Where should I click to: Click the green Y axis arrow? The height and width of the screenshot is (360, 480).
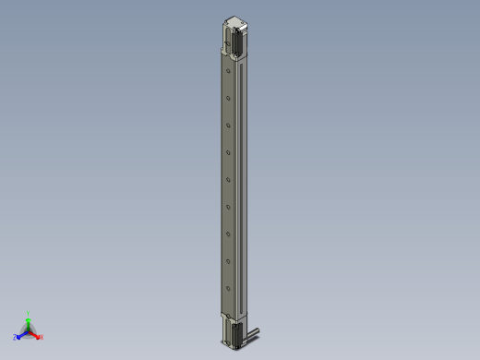coord(28,320)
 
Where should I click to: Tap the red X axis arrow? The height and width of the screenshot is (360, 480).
coord(35,333)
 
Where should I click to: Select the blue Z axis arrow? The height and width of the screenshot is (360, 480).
coord(21,333)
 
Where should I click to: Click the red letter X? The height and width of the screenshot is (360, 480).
coord(41,337)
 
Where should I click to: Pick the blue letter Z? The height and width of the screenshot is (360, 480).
coord(16,337)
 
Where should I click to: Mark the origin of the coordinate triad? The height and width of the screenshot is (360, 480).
coord(28,330)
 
